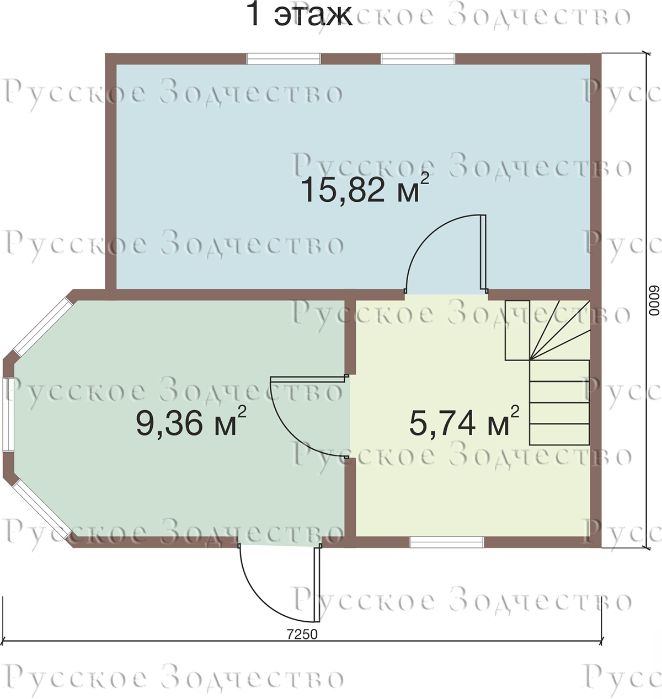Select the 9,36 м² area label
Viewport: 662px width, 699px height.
click(191, 422)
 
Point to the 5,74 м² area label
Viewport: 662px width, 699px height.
click(464, 422)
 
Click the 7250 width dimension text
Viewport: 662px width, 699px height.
click(302, 634)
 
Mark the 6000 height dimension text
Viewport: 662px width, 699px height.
click(654, 301)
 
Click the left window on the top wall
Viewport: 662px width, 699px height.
click(284, 58)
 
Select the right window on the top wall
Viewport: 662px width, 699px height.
click(418, 58)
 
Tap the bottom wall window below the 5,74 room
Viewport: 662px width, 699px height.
click(446, 542)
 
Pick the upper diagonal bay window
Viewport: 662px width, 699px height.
click(43, 326)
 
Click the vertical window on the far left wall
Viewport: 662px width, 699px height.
click(8, 414)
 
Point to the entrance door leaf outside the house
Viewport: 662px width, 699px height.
click(317, 584)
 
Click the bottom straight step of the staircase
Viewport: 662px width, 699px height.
click(559, 434)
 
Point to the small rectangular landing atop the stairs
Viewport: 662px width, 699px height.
click(517, 330)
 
